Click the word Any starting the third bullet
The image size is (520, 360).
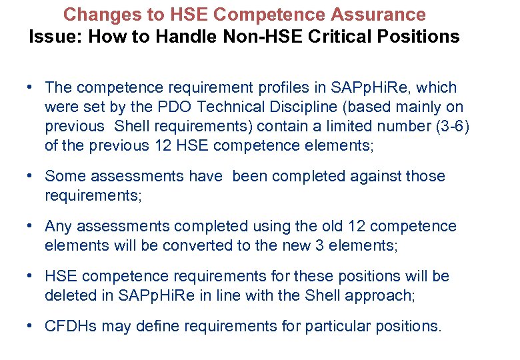58,226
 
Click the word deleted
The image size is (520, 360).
70,295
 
